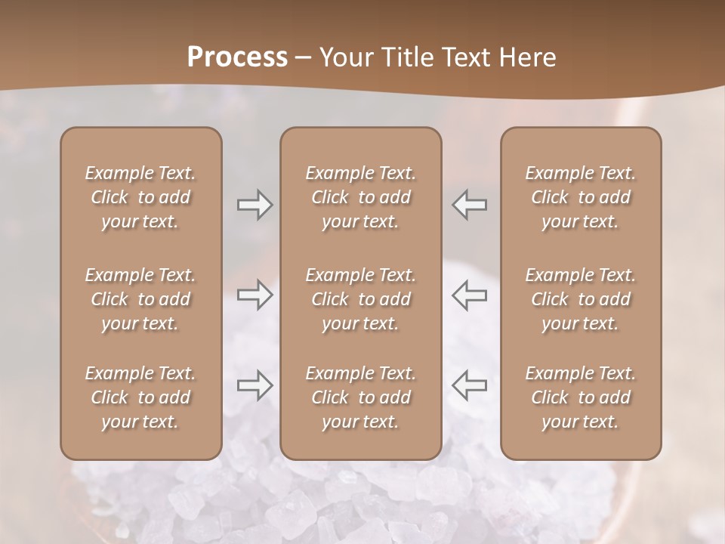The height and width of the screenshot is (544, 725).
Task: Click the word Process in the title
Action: (237, 57)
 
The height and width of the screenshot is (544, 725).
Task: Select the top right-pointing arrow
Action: (255, 205)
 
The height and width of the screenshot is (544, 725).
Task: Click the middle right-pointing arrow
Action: (255, 295)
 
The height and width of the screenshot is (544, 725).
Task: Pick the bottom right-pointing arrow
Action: (255, 385)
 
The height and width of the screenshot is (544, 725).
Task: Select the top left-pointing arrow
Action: (470, 205)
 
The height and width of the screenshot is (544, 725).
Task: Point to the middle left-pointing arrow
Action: (470, 295)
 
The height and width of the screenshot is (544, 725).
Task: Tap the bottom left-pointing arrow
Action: (470, 385)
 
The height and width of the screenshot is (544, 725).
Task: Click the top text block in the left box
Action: (140, 197)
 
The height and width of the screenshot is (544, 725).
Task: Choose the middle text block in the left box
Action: (140, 299)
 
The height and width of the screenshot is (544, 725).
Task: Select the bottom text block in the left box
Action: (140, 397)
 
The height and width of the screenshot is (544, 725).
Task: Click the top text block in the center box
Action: (360, 197)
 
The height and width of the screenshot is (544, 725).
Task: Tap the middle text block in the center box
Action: (360, 299)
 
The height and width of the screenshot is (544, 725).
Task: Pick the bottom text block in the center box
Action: (360, 397)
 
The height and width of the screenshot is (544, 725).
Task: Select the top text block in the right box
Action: (581, 197)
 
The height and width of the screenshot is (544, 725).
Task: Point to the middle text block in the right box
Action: (581, 299)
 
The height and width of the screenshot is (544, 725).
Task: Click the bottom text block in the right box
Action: (581, 397)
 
